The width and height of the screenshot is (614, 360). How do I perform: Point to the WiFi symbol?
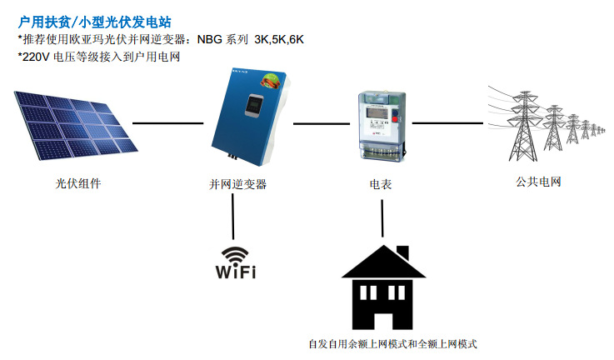click(x=236, y=262)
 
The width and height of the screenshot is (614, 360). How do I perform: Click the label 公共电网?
click(x=538, y=181)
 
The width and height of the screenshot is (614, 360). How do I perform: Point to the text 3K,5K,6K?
click(x=279, y=39)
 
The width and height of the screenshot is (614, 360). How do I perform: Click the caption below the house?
click(x=392, y=343)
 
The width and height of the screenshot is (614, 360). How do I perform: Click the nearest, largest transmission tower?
click(x=525, y=125)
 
